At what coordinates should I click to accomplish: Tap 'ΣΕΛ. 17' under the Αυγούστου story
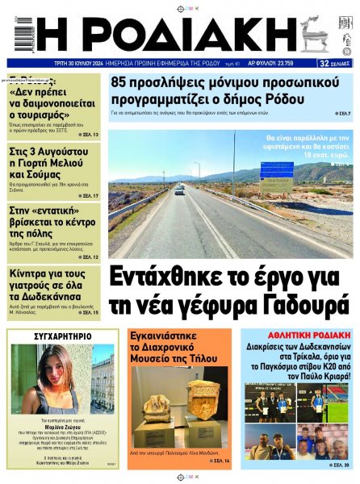click(90, 196)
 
